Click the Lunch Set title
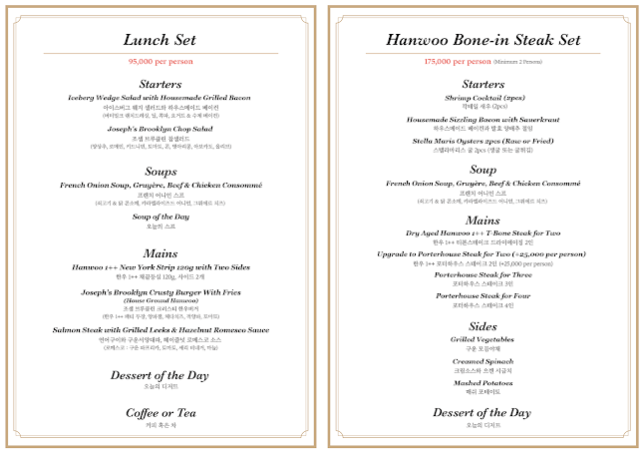coord(161,41)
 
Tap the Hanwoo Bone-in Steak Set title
coord(483,41)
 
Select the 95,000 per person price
coord(161,61)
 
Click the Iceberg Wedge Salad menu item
coord(161,97)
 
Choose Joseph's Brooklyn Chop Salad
coord(161,130)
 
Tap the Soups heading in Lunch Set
coord(161,172)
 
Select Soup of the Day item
coord(161,216)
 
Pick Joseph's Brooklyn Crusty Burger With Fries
coord(161,291)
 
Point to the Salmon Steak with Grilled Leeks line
coord(161,329)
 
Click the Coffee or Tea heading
coord(161,412)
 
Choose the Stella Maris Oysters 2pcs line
coord(483,140)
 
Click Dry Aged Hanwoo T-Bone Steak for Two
coord(483,233)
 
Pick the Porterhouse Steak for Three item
coord(483,274)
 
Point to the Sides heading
coord(483,326)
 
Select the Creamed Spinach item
coord(483,361)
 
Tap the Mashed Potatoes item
coord(483,382)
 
